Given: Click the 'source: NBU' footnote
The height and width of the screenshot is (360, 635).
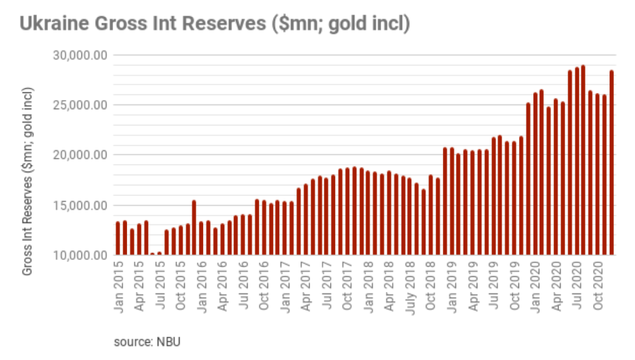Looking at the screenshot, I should [148, 342].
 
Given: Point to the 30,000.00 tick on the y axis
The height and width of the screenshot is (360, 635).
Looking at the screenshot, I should [80, 55].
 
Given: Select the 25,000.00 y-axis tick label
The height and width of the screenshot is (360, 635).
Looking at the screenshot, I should [80, 105].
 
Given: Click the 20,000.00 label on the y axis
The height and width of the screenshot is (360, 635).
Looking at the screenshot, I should [80, 155].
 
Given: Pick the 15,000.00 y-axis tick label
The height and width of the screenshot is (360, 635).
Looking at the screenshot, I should [80, 205].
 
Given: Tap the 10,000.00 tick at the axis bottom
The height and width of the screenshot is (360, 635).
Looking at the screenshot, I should [80, 256].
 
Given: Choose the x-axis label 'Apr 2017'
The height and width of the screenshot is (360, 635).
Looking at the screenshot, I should [306, 287].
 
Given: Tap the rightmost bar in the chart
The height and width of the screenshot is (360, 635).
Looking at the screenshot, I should [611, 162].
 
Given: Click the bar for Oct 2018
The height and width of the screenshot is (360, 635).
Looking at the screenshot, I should [430, 215].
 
